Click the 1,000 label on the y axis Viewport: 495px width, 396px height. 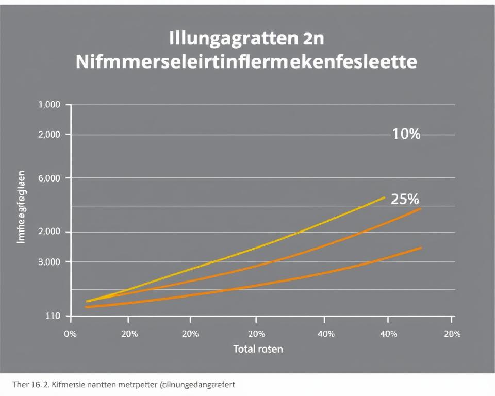pos(49,105)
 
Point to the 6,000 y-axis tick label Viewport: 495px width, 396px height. pos(49,178)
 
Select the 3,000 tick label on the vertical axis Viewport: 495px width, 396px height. pos(49,262)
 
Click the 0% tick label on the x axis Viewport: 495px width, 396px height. pos(70,334)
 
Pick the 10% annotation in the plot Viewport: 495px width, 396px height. pos(406,135)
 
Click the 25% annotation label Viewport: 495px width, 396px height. pos(405,199)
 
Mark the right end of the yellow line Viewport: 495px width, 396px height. pos(384,197)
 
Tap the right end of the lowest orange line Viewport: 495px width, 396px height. pos(421,247)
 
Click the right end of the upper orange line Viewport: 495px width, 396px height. pos(421,209)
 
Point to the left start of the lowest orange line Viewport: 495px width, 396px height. pos(86,307)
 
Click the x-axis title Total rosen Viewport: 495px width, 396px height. pos(258,349)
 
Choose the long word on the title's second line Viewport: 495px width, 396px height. pos(246,62)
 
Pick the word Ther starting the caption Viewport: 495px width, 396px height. pos(19,385)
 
